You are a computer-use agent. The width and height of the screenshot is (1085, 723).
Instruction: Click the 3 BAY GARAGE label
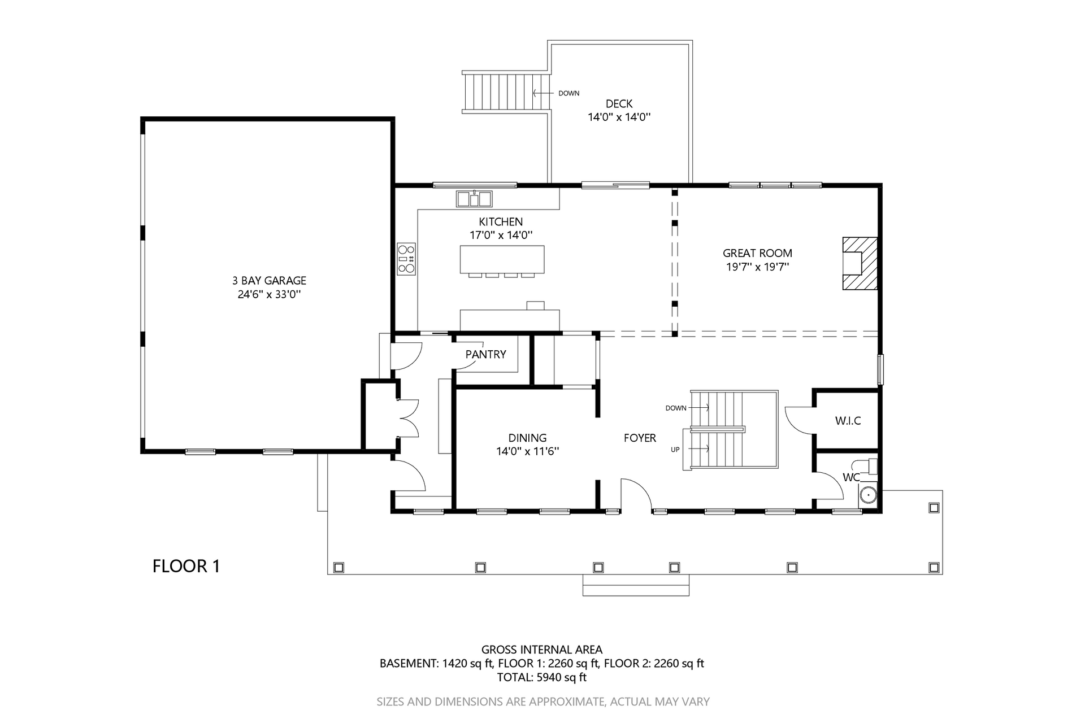[x=269, y=281]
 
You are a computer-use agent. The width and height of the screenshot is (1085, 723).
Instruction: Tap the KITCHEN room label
[x=501, y=222]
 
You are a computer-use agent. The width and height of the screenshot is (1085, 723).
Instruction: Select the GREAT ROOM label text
[x=757, y=254]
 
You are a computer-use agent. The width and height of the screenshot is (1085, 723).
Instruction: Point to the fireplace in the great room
[x=860, y=263]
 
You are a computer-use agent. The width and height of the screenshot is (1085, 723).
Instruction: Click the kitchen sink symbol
[x=475, y=199]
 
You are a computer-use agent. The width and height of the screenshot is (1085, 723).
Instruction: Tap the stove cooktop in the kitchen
[x=406, y=259]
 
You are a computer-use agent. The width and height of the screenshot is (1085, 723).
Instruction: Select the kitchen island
[x=502, y=259]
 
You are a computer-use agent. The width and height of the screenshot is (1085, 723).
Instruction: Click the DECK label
[x=619, y=104]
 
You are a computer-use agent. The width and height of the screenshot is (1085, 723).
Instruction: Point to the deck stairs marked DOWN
[x=506, y=93]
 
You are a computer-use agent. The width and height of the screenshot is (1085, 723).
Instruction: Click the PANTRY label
[x=485, y=355]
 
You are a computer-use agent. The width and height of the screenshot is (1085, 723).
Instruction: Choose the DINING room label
[x=527, y=438]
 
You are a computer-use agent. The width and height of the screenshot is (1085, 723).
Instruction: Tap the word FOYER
[x=640, y=438]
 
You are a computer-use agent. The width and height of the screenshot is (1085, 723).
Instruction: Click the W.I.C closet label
[x=848, y=421]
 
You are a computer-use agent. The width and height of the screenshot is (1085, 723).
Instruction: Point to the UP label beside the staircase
[x=675, y=450]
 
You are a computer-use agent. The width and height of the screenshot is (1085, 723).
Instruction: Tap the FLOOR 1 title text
[x=186, y=566]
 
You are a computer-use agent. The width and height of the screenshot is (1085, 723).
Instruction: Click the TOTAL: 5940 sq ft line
[x=541, y=677]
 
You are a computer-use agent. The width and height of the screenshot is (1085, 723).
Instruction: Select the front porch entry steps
[x=636, y=585]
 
